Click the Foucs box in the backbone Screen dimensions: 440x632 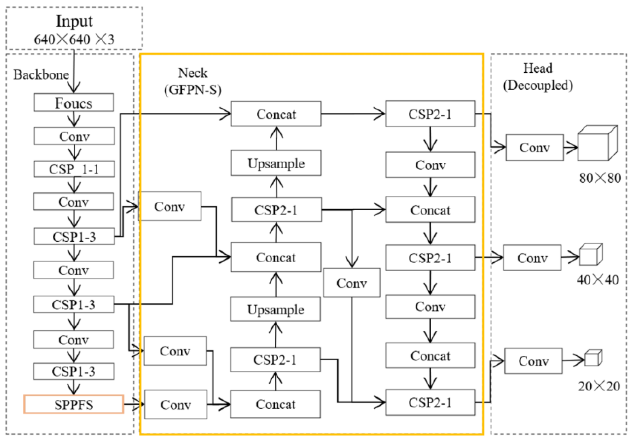coord(74,103)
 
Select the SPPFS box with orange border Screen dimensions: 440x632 coord(74,404)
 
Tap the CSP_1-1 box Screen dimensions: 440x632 coord(74,169)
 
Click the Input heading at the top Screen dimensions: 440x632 coord(74,21)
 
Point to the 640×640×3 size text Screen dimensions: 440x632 coord(74,39)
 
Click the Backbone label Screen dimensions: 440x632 coord(41,74)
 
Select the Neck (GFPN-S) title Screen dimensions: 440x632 coord(193,81)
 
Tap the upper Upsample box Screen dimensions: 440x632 coord(276,163)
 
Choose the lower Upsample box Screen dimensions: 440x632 coord(275,309)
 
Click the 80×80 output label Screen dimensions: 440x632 coord(600,178)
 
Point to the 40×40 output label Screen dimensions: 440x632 coord(597,280)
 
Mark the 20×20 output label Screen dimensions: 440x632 coord(599,386)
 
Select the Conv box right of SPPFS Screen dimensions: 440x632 coord(176,404)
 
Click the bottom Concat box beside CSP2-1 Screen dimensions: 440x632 coord(275,404)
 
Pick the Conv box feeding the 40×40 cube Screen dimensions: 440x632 coord(532,258)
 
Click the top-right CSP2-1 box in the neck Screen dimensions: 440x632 coord(430,114)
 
